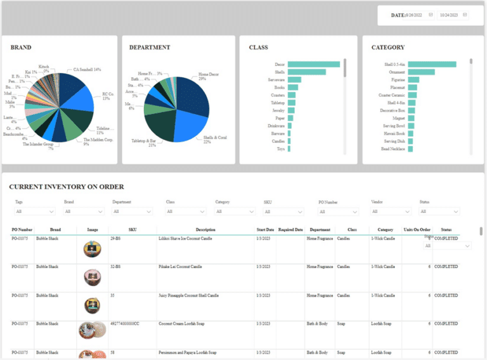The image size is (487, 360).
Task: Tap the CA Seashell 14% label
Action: coord(87,70)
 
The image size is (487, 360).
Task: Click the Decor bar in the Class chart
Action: coord(313,64)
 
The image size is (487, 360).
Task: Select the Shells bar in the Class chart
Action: coord(306,72)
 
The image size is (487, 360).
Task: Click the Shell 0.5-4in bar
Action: coord(432,64)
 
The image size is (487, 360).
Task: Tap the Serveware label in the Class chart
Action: coord(276,80)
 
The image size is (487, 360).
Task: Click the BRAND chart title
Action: coord(21,48)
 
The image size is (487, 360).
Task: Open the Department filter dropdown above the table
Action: coord(134,212)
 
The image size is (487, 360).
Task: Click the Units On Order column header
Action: coord(417,229)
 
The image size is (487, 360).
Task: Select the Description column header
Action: coord(205,229)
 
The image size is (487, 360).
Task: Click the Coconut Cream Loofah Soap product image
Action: coord(92,330)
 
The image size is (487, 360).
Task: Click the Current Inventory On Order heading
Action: coord(67,187)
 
